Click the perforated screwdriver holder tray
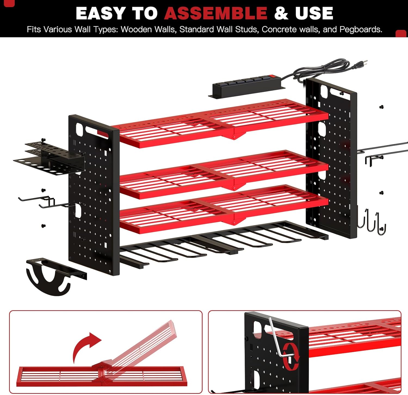tap(49, 158)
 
